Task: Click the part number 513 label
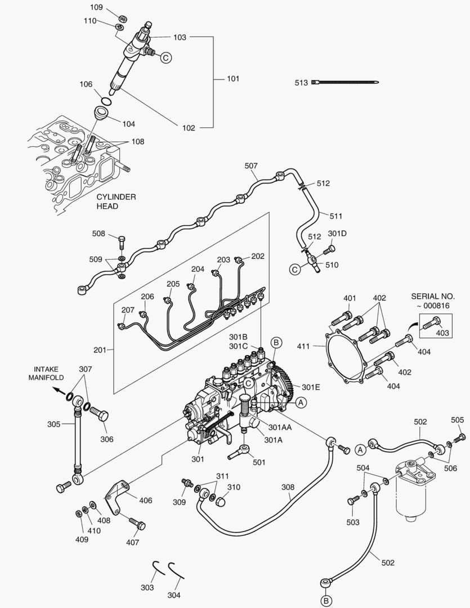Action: [x=301, y=83]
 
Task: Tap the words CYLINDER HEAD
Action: [x=116, y=202]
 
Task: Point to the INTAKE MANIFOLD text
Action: [x=46, y=373]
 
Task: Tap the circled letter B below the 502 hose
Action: [x=325, y=599]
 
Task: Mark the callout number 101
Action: [x=233, y=79]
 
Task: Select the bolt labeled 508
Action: [x=122, y=243]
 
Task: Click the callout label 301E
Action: [x=310, y=387]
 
